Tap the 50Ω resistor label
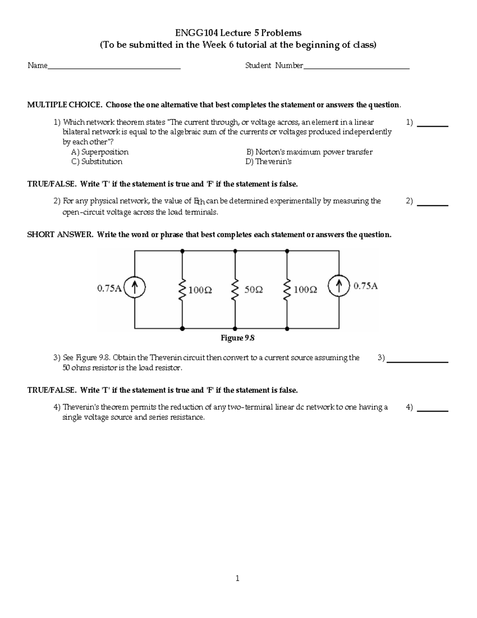(x=253, y=290)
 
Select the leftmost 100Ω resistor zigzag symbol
(x=182, y=290)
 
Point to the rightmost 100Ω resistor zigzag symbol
(x=287, y=290)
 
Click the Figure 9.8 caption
(x=237, y=338)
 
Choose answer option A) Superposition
(x=100, y=152)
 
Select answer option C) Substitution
(x=97, y=162)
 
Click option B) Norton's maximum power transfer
(x=309, y=152)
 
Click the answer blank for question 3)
(x=417, y=361)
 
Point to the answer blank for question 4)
(x=434, y=410)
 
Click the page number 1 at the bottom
(x=237, y=579)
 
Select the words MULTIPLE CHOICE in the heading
(x=64, y=105)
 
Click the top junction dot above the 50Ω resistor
(x=235, y=251)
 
